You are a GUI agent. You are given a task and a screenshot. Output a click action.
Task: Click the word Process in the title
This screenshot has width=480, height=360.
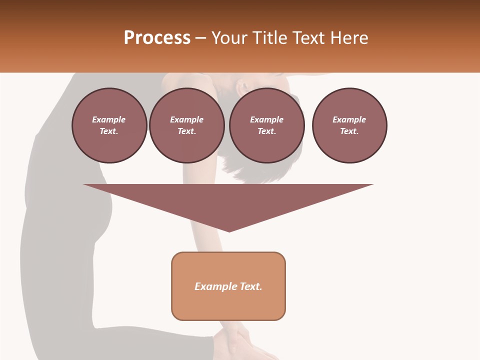pyautogui.click(x=157, y=37)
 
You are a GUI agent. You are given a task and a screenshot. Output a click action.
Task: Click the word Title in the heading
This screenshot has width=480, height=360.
pyautogui.click(x=270, y=37)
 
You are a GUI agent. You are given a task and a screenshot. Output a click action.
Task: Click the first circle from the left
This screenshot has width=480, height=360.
pyautogui.click(x=109, y=125)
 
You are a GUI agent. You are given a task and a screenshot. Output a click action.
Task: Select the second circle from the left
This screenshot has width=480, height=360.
pyautogui.click(x=186, y=125)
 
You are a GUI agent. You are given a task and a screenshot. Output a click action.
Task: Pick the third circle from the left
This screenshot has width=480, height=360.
pyautogui.click(x=266, y=125)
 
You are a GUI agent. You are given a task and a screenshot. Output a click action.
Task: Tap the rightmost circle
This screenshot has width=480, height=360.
pyautogui.click(x=349, y=125)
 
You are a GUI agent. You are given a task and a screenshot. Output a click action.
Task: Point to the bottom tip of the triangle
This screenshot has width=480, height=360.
pyautogui.click(x=229, y=231)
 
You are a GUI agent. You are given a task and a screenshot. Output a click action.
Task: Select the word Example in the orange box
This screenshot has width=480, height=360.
pyautogui.click(x=215, y=286)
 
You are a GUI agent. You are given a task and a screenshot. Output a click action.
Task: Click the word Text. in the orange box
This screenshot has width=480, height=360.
pyautogui.click(x=251, y=286)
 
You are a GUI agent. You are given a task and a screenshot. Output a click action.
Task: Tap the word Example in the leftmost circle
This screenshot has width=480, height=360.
pyautogui.click(x=109, y=119)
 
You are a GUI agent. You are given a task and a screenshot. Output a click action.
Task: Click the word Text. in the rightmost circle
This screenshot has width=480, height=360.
pyautogui.click(x=349, y=131)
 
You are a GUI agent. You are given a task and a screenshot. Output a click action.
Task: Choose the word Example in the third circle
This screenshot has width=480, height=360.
pyautogui.click(x=266, y=119)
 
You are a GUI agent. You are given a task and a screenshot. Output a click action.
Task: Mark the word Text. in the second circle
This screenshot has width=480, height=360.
pyautogui.click(x=186, y=131)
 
